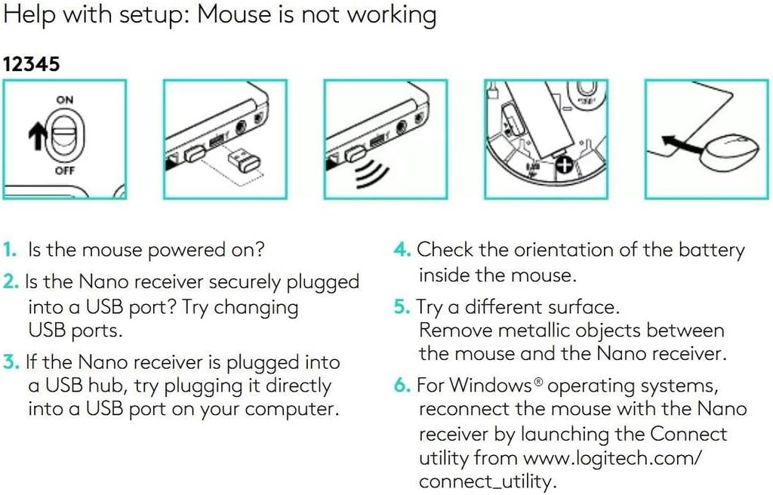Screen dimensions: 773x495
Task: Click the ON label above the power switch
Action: point(65,100)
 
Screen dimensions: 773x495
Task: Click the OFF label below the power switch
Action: point(65,171)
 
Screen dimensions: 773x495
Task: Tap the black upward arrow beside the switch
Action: point(38,137)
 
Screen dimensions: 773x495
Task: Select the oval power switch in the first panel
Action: point(65,136)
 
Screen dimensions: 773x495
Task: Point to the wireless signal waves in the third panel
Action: point(371,173)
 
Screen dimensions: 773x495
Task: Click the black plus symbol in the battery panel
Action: point(565,165)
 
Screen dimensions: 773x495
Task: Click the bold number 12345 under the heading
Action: point(31,64)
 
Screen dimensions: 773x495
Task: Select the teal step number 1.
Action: point(9,250)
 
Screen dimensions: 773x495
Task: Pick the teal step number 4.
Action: point(402,250)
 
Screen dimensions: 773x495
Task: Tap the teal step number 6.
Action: point(402,385)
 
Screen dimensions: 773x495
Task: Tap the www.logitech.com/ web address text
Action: point(611,459)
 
